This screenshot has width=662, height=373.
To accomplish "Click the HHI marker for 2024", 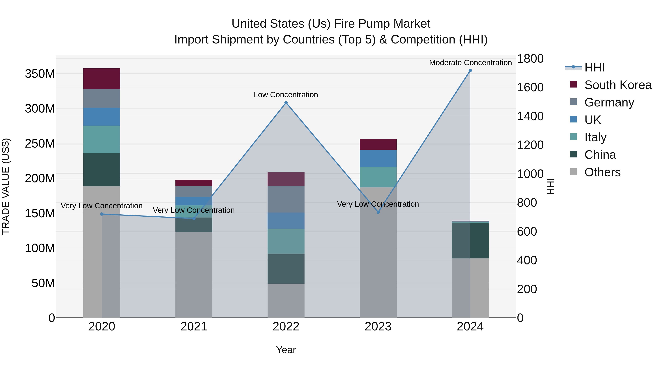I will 470,71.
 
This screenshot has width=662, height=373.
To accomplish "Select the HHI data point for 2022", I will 286,103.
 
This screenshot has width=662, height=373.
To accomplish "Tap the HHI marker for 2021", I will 194,218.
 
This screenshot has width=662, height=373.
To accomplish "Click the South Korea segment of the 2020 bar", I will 102,78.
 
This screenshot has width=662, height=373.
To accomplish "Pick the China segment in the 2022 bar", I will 286,269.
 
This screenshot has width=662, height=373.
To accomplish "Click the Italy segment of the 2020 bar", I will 102,139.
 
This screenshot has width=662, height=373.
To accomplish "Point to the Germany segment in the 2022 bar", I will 286,199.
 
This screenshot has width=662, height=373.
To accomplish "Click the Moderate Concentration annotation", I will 470,63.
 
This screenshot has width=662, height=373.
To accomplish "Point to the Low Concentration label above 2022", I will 286,95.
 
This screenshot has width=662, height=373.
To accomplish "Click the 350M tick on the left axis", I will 40,74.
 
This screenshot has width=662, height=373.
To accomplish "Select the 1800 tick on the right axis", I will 530,59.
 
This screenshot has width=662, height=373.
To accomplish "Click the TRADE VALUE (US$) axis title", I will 6,186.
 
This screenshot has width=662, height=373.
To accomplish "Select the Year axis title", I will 286,350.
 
